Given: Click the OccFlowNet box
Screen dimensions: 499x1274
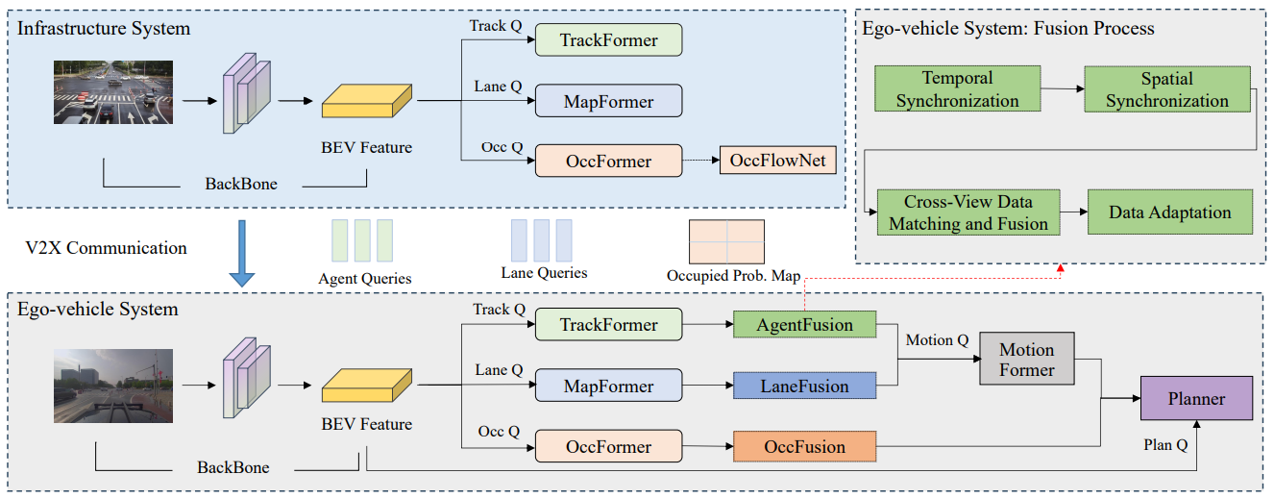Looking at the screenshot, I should pyautogui.click(x=777, y=161).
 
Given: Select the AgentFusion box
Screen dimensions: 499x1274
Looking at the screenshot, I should pyautogui.click(x=804, y=325).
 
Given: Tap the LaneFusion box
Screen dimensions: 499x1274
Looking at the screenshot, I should pyautogui.click(x=804, y=387).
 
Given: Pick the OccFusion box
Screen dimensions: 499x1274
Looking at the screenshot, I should pyautogui.click(x=804, y=447).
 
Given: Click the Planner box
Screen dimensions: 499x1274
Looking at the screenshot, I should pyautogui.click(x=1196, y=399).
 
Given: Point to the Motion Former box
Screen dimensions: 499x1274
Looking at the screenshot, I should pyautogui.click(x=1026, y=360).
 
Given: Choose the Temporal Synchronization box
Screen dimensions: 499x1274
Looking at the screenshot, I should pyautogui.click(x=957, y=88).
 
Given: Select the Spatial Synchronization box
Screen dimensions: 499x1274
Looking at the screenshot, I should pyautogui.click(x=1166, y=89).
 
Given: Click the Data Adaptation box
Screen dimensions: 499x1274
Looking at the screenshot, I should pyautogui.click(x=1169, y=212).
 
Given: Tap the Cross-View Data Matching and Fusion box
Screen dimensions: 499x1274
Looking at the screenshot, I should pyautogui.click(x=968, y=212).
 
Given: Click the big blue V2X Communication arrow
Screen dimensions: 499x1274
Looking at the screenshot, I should pyautogui.click(x=242, y=253).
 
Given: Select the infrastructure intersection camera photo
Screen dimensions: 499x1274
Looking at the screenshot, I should pyautogui.click(x=112, y=92).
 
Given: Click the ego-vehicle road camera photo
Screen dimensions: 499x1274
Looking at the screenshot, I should pyautogui.click(x=112, y=386).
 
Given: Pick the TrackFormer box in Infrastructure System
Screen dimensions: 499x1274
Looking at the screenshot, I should pyautogui.click(x=608, y=40).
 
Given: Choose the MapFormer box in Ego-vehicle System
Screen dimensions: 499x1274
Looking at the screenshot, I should pyautogui.click(x=608, y=387).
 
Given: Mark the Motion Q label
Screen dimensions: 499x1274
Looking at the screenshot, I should pyautogui.click(x=937, y=339).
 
